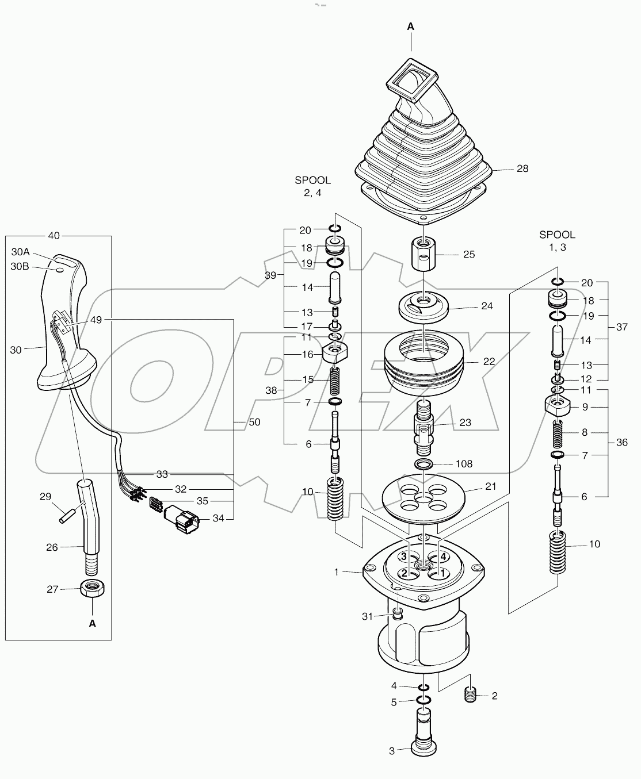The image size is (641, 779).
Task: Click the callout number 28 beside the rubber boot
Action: (x=522, y=168)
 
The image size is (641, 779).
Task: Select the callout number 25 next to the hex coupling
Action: (x=469, y=254)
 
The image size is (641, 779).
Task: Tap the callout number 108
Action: (x=464, y=463)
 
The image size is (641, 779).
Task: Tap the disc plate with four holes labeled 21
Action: (x=423, y=497)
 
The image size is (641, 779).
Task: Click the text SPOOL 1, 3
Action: (x=556, y=240)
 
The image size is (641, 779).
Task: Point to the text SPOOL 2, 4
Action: (x=312, y=186)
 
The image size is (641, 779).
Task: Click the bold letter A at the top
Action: (x=411, y=26)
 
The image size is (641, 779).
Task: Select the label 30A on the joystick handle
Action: (x=20, y=252)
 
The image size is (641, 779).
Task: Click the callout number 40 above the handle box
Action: (x=54, y=236)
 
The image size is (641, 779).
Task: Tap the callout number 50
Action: (x=254, y=422)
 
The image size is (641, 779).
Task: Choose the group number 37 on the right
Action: (x=621, y=327)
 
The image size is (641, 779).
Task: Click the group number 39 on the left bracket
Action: (x=270, y=275)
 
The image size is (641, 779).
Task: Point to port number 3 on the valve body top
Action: (x=405, y=557)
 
